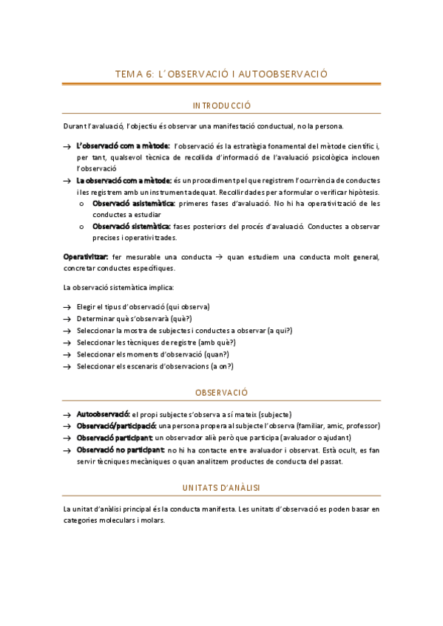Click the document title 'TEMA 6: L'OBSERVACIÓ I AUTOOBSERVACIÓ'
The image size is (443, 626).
click(221, 74)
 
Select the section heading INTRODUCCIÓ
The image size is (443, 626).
click(221, 106)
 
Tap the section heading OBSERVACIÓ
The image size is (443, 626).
click(221, 392)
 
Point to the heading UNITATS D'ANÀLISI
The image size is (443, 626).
click(221, 487)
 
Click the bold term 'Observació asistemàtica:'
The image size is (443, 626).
click(133, 203)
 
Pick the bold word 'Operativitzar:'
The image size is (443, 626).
click(86, 256)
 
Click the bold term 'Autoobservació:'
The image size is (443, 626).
click(103, 414)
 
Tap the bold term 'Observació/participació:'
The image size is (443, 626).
click(116, 426)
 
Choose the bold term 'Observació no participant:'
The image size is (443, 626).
click(120, 450)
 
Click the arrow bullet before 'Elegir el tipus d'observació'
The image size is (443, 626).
click(67, 307)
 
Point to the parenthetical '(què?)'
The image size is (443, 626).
click(180, 318)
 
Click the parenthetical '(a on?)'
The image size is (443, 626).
click(221, 365)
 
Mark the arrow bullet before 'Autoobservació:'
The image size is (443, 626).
click(67, 415)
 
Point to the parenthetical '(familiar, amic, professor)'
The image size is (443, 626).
click(336, 426)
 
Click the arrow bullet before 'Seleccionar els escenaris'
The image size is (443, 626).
click(67, 366)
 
